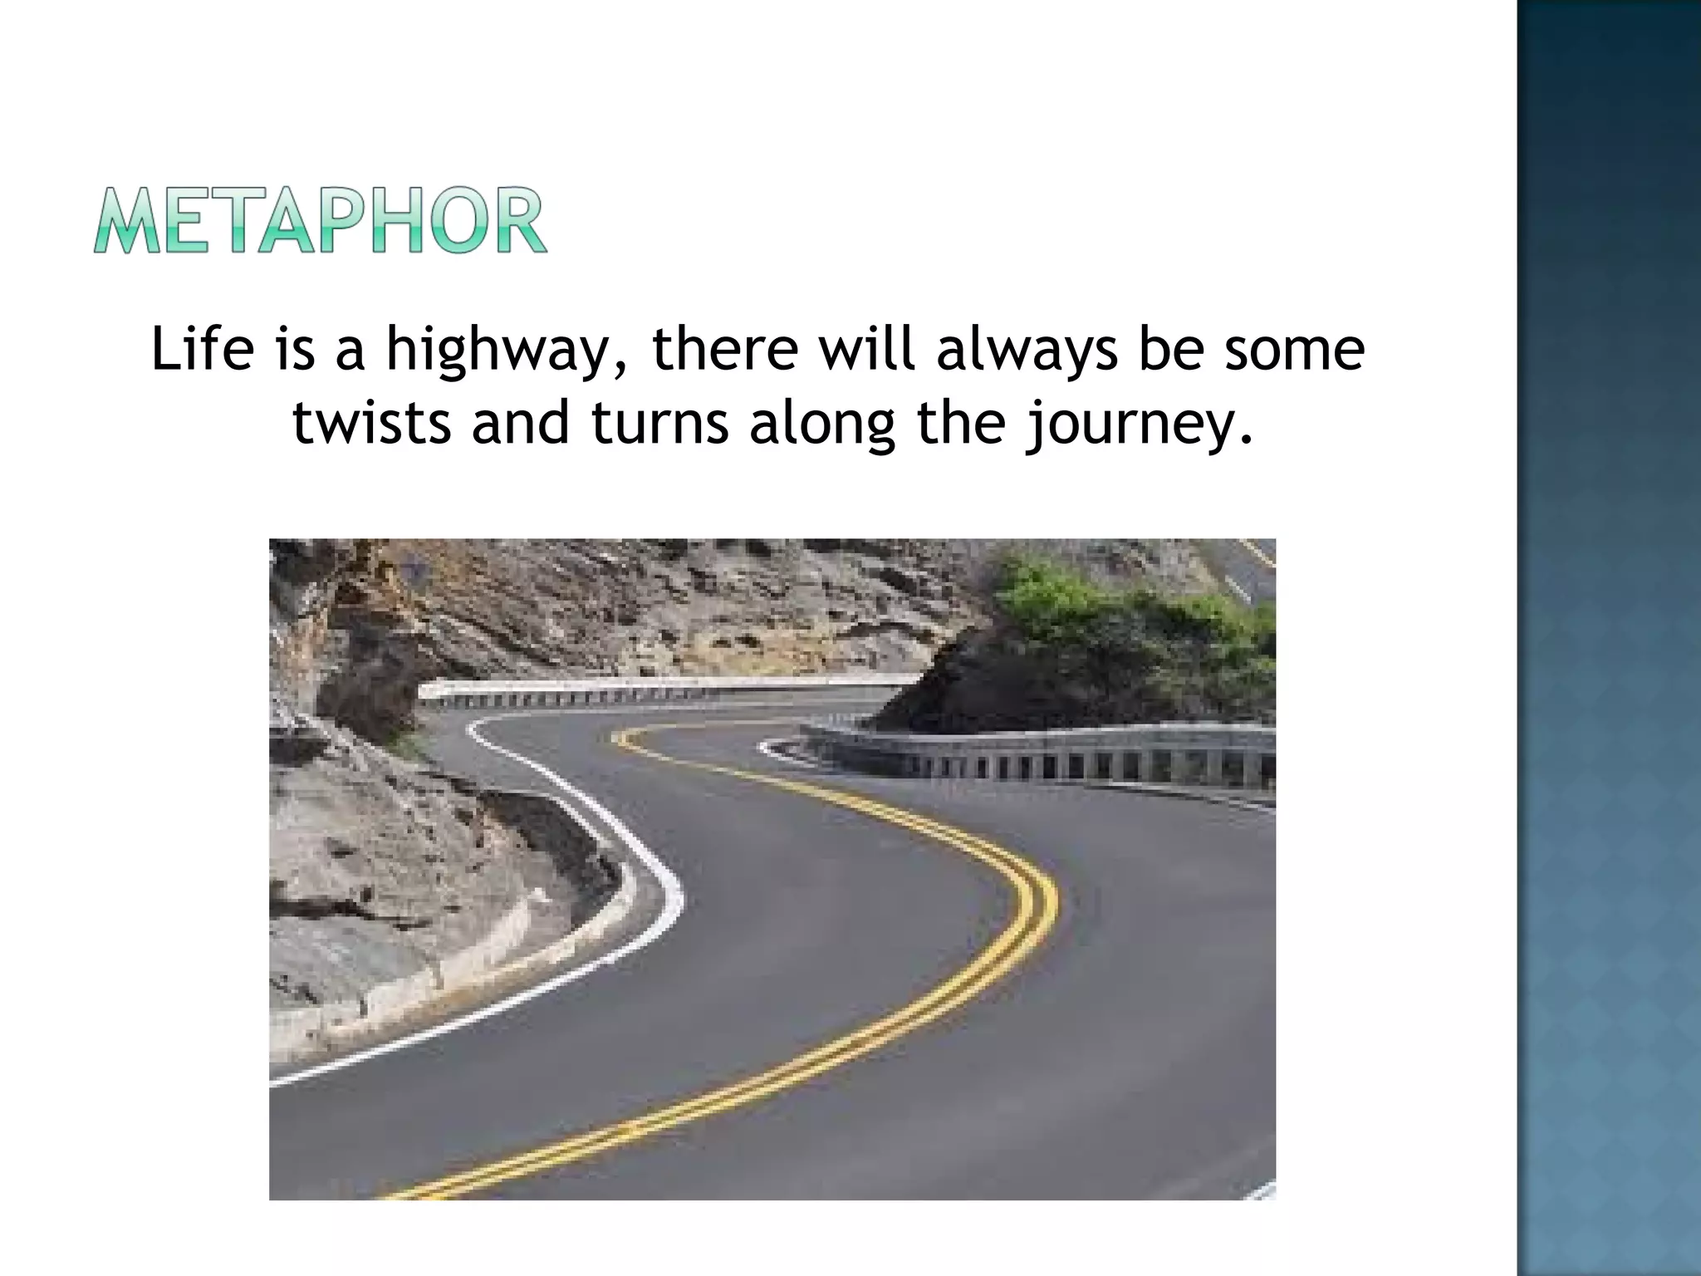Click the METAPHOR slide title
(320, 220)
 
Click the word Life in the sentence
(202, 349)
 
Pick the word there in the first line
(725, 349)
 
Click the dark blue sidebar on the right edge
(1608, 638)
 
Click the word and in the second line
(521, 422)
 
